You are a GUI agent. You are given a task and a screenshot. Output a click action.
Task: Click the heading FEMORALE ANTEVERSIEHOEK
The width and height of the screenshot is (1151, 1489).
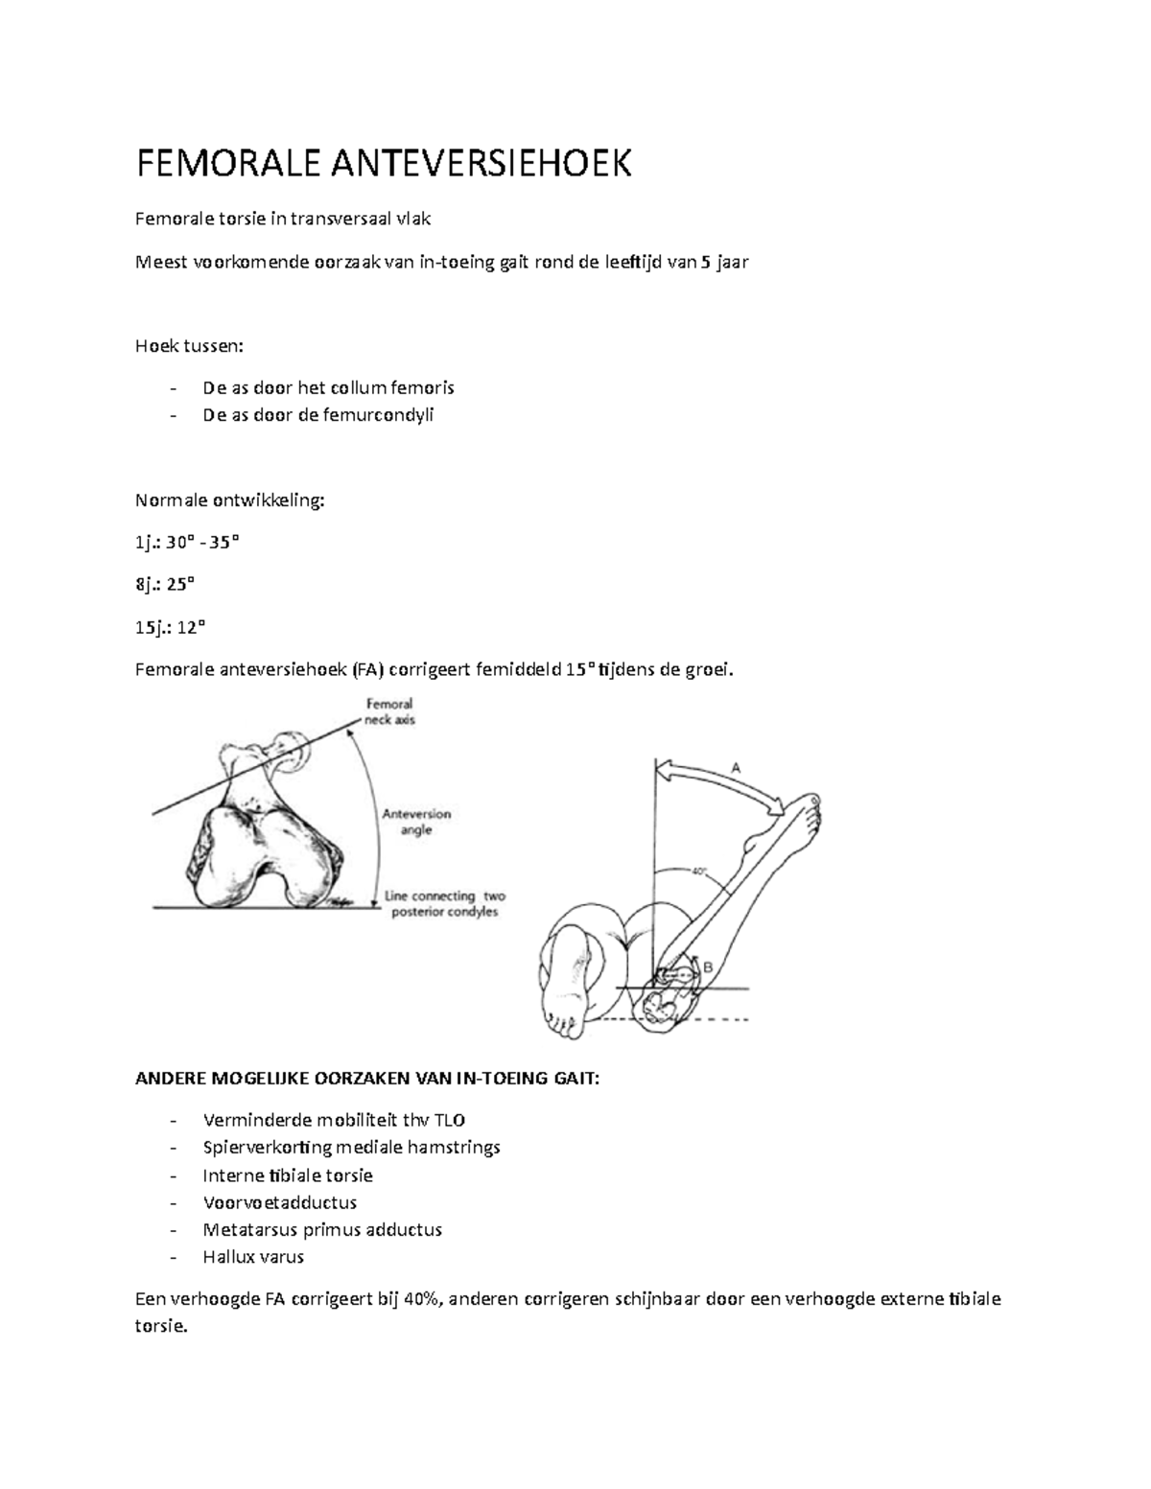[x=384, y=165]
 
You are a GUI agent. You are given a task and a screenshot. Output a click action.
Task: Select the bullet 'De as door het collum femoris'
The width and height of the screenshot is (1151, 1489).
[x=328, y=388]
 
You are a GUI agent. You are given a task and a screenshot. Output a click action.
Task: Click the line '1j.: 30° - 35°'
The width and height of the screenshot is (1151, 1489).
[x=188, y=543]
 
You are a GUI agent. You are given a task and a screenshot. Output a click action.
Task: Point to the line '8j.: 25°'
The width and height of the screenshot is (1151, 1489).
[x=165, y=585]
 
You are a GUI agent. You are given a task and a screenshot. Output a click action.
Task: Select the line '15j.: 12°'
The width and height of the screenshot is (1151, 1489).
[x=171, y=627]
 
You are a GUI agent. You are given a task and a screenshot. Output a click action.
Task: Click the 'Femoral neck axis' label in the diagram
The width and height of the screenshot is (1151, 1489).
[x=389, y=711]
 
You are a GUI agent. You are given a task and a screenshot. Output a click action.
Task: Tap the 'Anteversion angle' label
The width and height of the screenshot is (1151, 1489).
[x=416, y=822]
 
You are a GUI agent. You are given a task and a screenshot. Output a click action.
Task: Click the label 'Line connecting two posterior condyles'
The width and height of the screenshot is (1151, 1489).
[x=444, y=904]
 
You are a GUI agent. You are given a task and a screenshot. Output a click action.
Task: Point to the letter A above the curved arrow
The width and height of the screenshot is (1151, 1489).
[x=737, y=768]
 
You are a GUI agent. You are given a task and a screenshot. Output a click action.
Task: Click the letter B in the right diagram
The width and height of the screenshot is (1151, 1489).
[x=709, y=966]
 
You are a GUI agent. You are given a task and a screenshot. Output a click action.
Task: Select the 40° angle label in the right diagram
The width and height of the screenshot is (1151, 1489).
[x=698, y=872]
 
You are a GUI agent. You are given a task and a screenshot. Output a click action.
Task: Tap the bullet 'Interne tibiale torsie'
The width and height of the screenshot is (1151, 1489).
[x=288, y=1175]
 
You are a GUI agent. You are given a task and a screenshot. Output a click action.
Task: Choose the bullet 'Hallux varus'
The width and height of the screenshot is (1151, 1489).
[x=253, y=1257]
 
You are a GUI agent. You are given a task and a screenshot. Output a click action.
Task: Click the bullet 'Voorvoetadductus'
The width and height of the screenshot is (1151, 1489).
[x=280, y=1202]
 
